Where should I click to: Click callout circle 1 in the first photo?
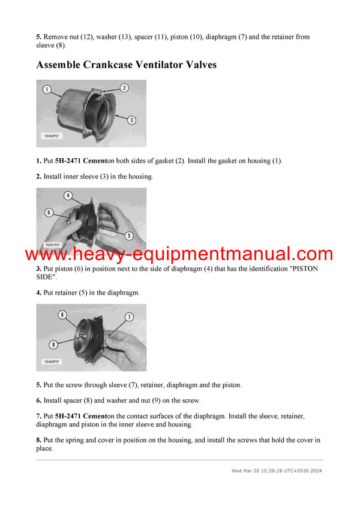click(x=47, y=90)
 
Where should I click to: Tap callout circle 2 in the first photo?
click(x=124, y=88)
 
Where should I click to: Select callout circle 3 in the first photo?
click(x=131, y=120)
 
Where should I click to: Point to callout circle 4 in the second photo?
click(x=68, y=195)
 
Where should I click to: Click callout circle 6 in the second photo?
click(x=49, y=212)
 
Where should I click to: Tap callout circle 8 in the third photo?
click(x=62, y=315)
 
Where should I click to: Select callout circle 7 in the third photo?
click(x=129, y=316)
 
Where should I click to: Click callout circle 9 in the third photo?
click(x=54, y=344)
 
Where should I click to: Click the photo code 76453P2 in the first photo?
click(x=53, y=136)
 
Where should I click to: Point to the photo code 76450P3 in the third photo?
click(x=53, y=362)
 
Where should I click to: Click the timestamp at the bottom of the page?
click(x=277, y=471)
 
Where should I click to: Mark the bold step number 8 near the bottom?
click(x=38, y=439)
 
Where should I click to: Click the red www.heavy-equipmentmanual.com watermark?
click(x=179, y=254)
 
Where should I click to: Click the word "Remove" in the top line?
click(x=57, y=37)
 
